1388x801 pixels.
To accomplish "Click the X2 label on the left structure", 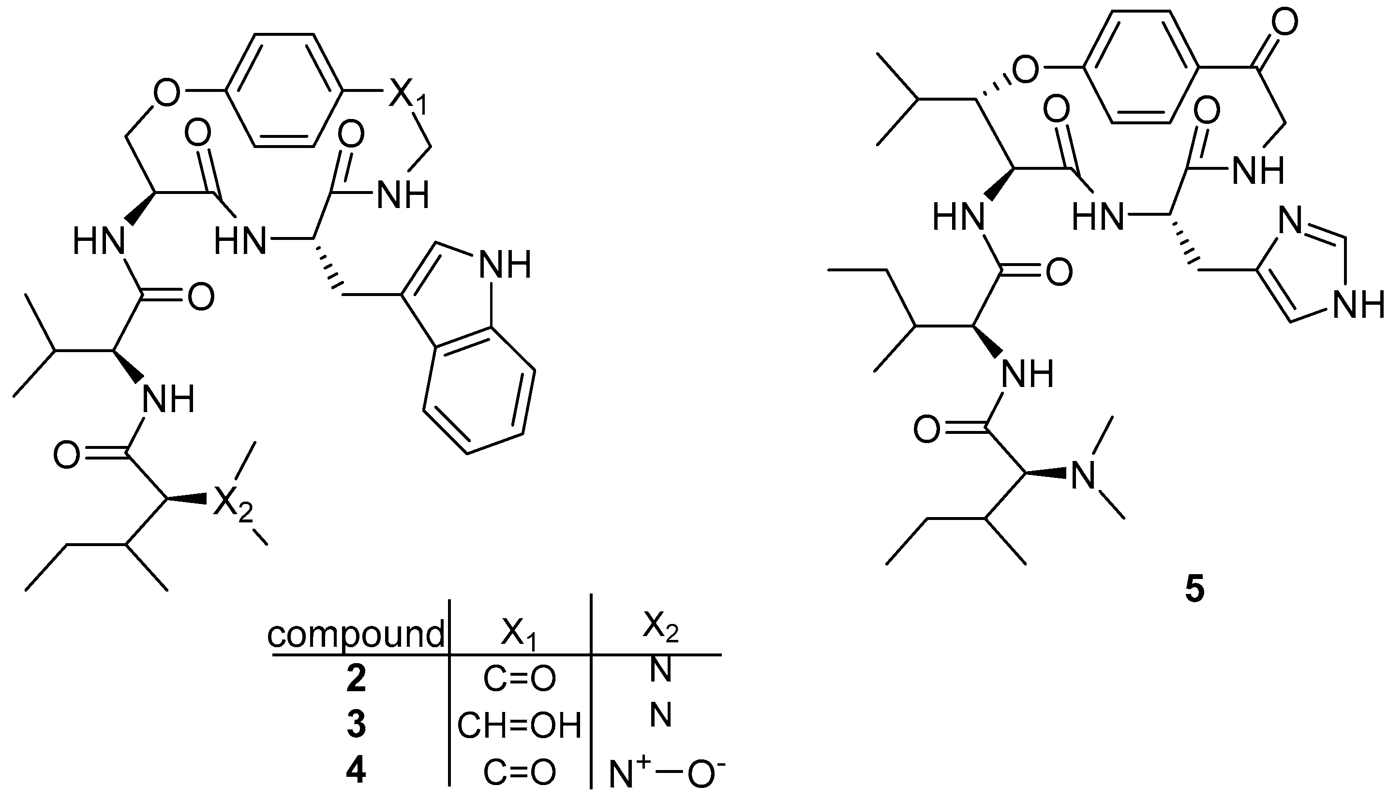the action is [232, 504].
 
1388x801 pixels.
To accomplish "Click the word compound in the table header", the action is [356, 634].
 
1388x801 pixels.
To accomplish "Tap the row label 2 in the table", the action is [356, 679].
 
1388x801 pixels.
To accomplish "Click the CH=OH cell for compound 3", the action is [519, 726].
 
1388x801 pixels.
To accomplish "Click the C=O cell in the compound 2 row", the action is [519, 680].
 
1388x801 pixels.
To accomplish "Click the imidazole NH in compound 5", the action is [1358, 305].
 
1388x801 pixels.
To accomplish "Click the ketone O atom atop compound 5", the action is [1284, 23].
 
